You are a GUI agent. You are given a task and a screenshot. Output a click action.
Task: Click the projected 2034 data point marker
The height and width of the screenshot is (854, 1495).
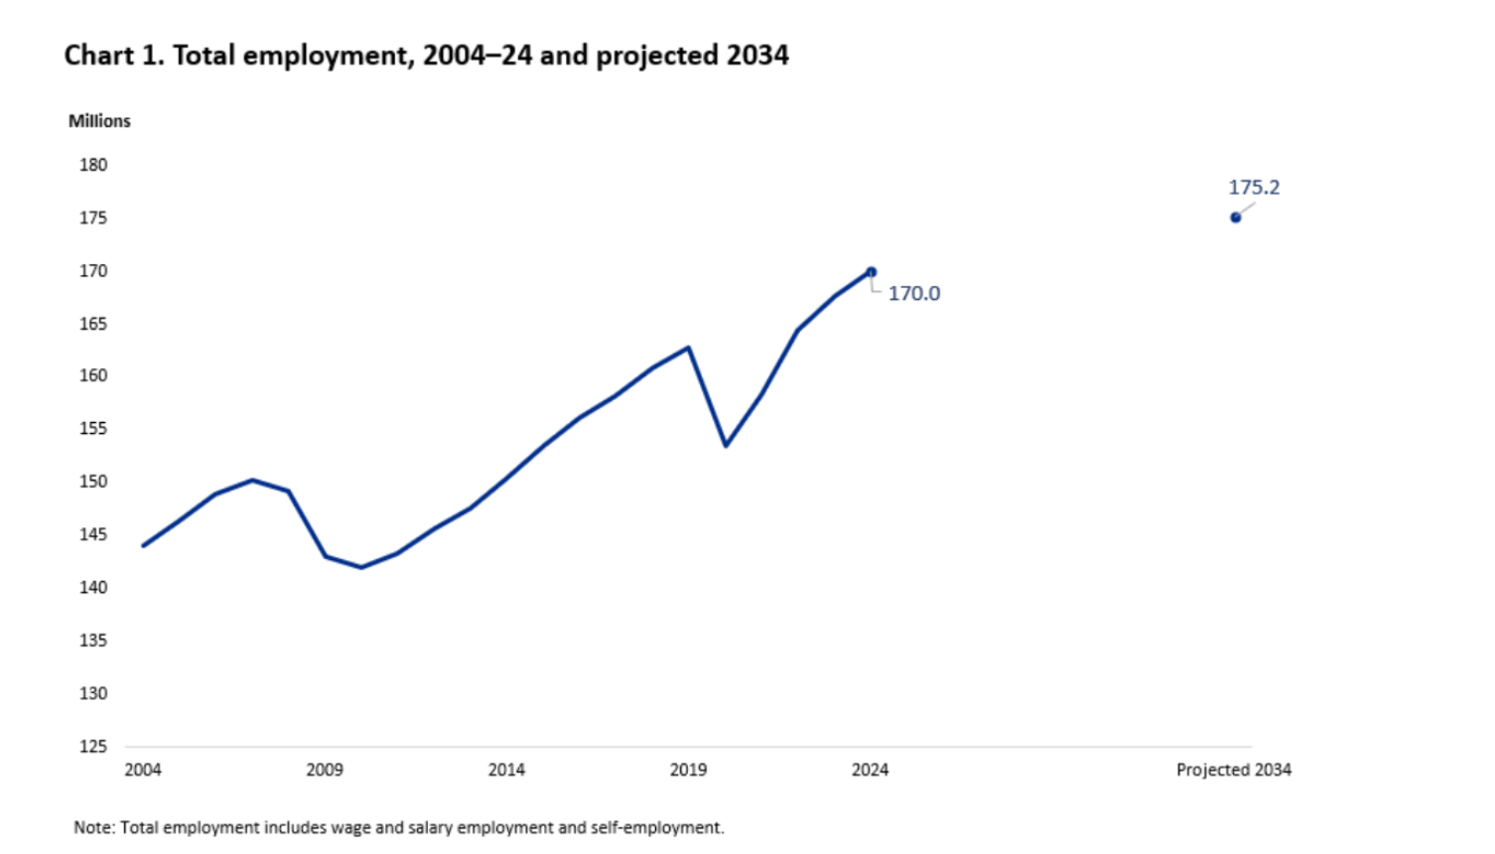point(1235,217)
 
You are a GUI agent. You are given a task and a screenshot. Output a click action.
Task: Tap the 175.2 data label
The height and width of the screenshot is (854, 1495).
point(1254,188)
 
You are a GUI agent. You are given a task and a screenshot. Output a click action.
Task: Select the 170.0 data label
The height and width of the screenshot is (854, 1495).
point(913,294)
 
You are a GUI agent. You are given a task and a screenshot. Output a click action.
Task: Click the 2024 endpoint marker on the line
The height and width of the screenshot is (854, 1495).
point(871,272)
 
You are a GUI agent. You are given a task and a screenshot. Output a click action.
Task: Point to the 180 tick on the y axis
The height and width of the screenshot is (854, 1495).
point(93,166)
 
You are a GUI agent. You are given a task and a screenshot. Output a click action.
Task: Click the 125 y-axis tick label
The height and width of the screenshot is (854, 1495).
point(93,747)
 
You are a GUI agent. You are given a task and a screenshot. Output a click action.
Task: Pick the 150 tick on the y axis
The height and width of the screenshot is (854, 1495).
point(93,482)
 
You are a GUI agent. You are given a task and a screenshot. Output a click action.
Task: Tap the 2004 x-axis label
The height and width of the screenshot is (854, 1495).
point(143,770)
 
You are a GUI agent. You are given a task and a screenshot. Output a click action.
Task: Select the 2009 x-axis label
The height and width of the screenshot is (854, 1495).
point(325,770)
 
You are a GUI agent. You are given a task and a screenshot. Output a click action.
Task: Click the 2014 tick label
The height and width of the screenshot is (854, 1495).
point(506,770)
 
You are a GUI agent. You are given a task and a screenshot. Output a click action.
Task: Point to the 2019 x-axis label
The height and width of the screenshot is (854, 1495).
point(688,770)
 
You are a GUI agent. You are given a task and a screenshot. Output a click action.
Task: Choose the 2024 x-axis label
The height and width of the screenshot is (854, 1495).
point(871,770)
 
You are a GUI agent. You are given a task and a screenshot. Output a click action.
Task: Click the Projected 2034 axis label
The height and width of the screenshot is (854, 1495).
point(1234,770)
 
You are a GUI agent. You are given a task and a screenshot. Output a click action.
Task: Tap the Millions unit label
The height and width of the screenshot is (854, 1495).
point(99,121)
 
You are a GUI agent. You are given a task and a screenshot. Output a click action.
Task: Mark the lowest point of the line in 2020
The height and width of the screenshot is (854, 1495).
point(726,445)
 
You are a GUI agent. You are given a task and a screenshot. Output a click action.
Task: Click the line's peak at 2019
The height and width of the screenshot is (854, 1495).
point(689,348)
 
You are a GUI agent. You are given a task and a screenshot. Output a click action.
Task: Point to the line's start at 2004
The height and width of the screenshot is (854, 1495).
point(144,545)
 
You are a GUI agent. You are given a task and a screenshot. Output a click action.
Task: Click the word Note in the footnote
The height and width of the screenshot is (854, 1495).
point(92,828)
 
